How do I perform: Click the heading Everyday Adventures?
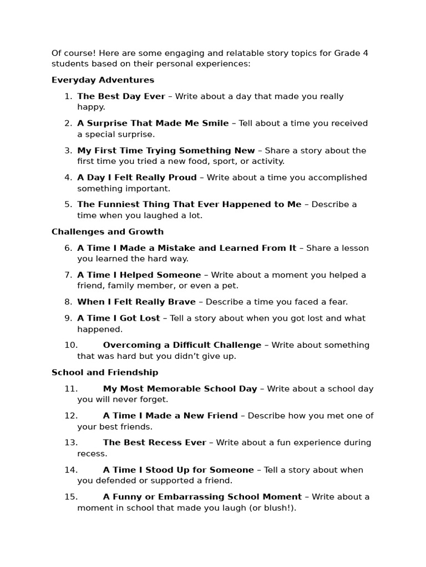coord(103,80)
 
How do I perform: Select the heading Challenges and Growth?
coord(108,232)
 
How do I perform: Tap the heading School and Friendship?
coord(105,373)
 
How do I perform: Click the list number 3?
coord(68,151)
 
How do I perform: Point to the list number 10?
coord(70,346)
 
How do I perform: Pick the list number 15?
coord(70,497)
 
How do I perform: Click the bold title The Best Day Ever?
coord(121,96)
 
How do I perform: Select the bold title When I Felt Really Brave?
coord(136,302)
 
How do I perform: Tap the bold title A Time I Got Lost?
coord(118,318)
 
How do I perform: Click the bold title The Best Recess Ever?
coord(154,443)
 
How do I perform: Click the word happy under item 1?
coord(90,107)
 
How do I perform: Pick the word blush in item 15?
coord(278,508)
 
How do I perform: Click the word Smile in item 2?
coord(215,123)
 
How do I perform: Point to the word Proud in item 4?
coord(182,178)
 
